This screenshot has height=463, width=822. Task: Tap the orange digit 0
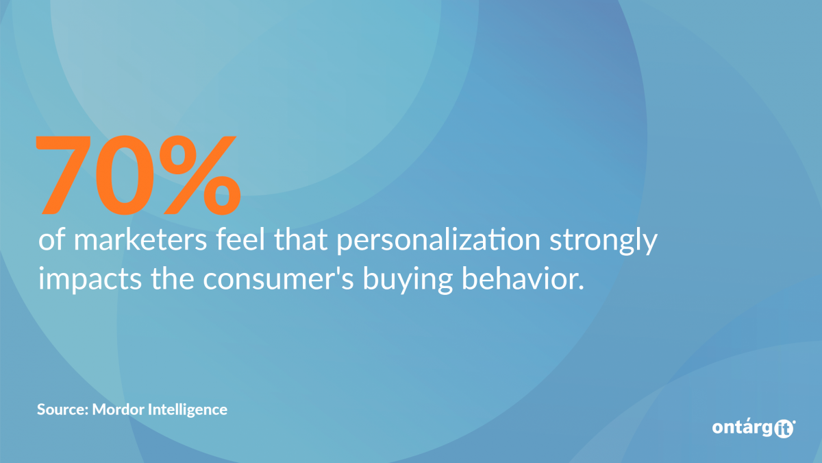point(125,175)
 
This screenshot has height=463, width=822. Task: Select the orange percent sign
point(200,175)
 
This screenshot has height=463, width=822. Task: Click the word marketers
point(140,239)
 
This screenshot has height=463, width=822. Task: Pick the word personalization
point(438,241)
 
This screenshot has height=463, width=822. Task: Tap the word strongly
point(603,241)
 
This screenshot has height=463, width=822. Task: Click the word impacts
point(90,280)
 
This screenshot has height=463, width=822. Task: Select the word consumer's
point(278,280)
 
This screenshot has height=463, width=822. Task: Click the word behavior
point(519,278)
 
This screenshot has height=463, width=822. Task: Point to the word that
point(301,239)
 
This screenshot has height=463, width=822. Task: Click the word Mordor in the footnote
point(117,409)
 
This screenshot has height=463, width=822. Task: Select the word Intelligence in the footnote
point(188,410)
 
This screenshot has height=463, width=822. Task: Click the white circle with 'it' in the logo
point(784,429)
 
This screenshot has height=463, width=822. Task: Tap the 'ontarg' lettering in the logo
point(743,428)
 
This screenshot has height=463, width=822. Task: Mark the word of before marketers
point(52,239)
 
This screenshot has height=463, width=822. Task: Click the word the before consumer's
point(172,278)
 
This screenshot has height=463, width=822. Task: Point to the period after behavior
point(581,287)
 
